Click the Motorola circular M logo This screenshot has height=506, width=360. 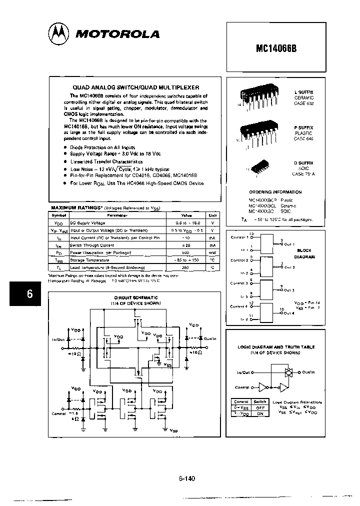tap(59, 33)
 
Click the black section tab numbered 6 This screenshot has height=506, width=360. tap(29, 294)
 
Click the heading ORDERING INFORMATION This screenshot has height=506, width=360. tap(275, 192)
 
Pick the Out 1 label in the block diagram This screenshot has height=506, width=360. tap(289, 244)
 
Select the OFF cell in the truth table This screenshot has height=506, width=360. tap(260, 407)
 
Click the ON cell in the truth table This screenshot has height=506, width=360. tap(260, 413)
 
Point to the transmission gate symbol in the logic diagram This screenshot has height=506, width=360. tap(287, 372)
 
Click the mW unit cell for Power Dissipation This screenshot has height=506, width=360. tap(212, 253)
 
